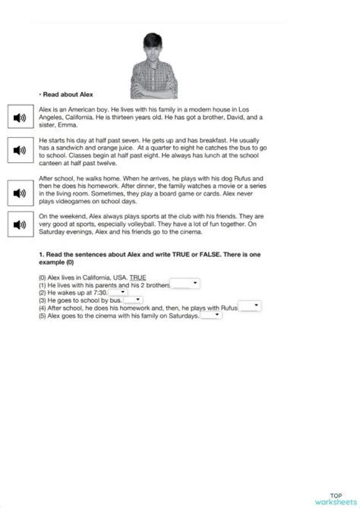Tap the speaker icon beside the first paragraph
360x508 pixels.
pyautogui.click(x=20, y=117)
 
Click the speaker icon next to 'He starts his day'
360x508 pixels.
pyautogui.click(x=20, y=150)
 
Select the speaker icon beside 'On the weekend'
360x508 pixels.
pyautogui.click(x=20, y=223)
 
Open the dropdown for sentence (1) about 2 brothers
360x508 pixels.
pyautogui.click(x=185, y=284)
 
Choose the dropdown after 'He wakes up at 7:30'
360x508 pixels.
pyautogui.click(x=118, y=292)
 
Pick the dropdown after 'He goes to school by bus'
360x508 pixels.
pyautogui.click(x=132, y=299)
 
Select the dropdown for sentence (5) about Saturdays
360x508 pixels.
pyautogui.click(x=210, y=315)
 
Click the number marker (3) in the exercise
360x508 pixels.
pyautogui.click(x=43, y=300)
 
